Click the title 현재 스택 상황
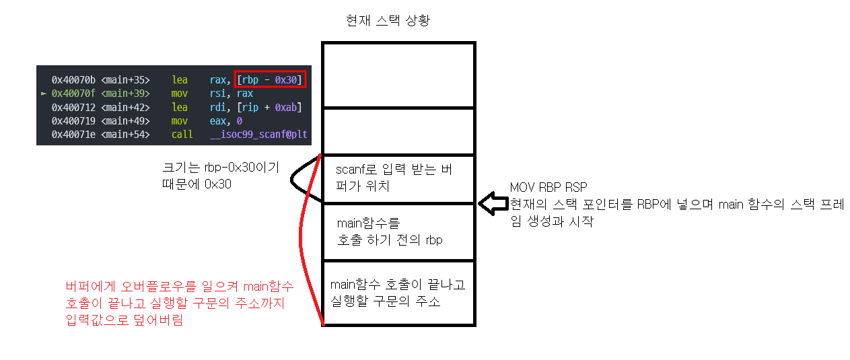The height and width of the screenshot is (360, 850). click(x=387, y=20)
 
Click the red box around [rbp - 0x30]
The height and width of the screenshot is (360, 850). click(x=270, y=79)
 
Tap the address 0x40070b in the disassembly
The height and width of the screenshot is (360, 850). click(x=74, y=79)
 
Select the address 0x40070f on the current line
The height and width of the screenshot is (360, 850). click(x=74, y=94)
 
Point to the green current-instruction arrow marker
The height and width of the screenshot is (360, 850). click(x=44, y=94)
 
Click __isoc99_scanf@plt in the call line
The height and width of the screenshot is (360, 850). click(x=259, y=135)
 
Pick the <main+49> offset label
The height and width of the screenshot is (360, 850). click(x=126, y=121)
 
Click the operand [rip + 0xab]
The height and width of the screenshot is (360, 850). click(x=269, y=108)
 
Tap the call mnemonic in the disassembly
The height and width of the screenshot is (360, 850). click(x=182, y=135)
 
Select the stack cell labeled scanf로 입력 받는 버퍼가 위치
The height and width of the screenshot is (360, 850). click(x=398, y=179)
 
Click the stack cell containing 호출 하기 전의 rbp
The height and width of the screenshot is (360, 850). click(x=398, y=231)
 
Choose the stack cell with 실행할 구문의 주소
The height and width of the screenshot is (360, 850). click(x=398, y=293)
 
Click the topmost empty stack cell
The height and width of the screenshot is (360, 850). click(x=398, y=74)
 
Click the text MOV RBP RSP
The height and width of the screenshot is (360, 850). click(x=548, y=188)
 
